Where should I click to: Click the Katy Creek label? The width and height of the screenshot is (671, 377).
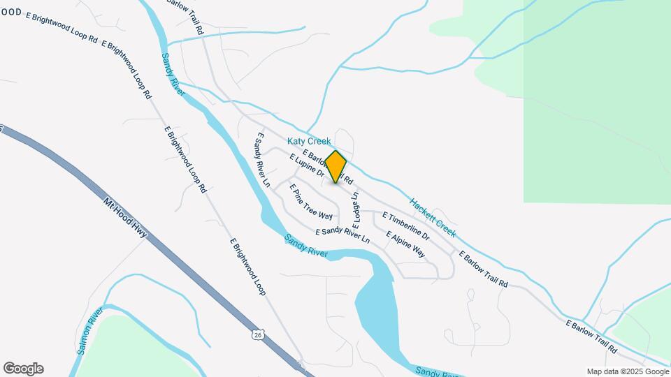[x=309, y=141]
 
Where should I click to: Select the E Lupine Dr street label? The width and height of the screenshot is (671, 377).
[x=305, y=166]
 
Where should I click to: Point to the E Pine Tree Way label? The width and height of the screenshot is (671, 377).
[x=311, y=202]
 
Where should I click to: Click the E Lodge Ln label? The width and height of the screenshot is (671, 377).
[x=356, y=210]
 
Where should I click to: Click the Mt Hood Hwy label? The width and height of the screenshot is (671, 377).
[x=126, y=217]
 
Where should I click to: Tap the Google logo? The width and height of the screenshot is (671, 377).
[x=23, y=369]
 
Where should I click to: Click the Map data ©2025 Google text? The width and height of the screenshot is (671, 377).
[x=628, y=371]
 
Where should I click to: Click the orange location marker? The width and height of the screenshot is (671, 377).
[x=336, y=167]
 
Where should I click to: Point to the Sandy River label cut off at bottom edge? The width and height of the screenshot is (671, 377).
[x=433, y=372]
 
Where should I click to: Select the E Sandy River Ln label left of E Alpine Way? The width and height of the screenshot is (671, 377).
[x=342, y=235]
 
